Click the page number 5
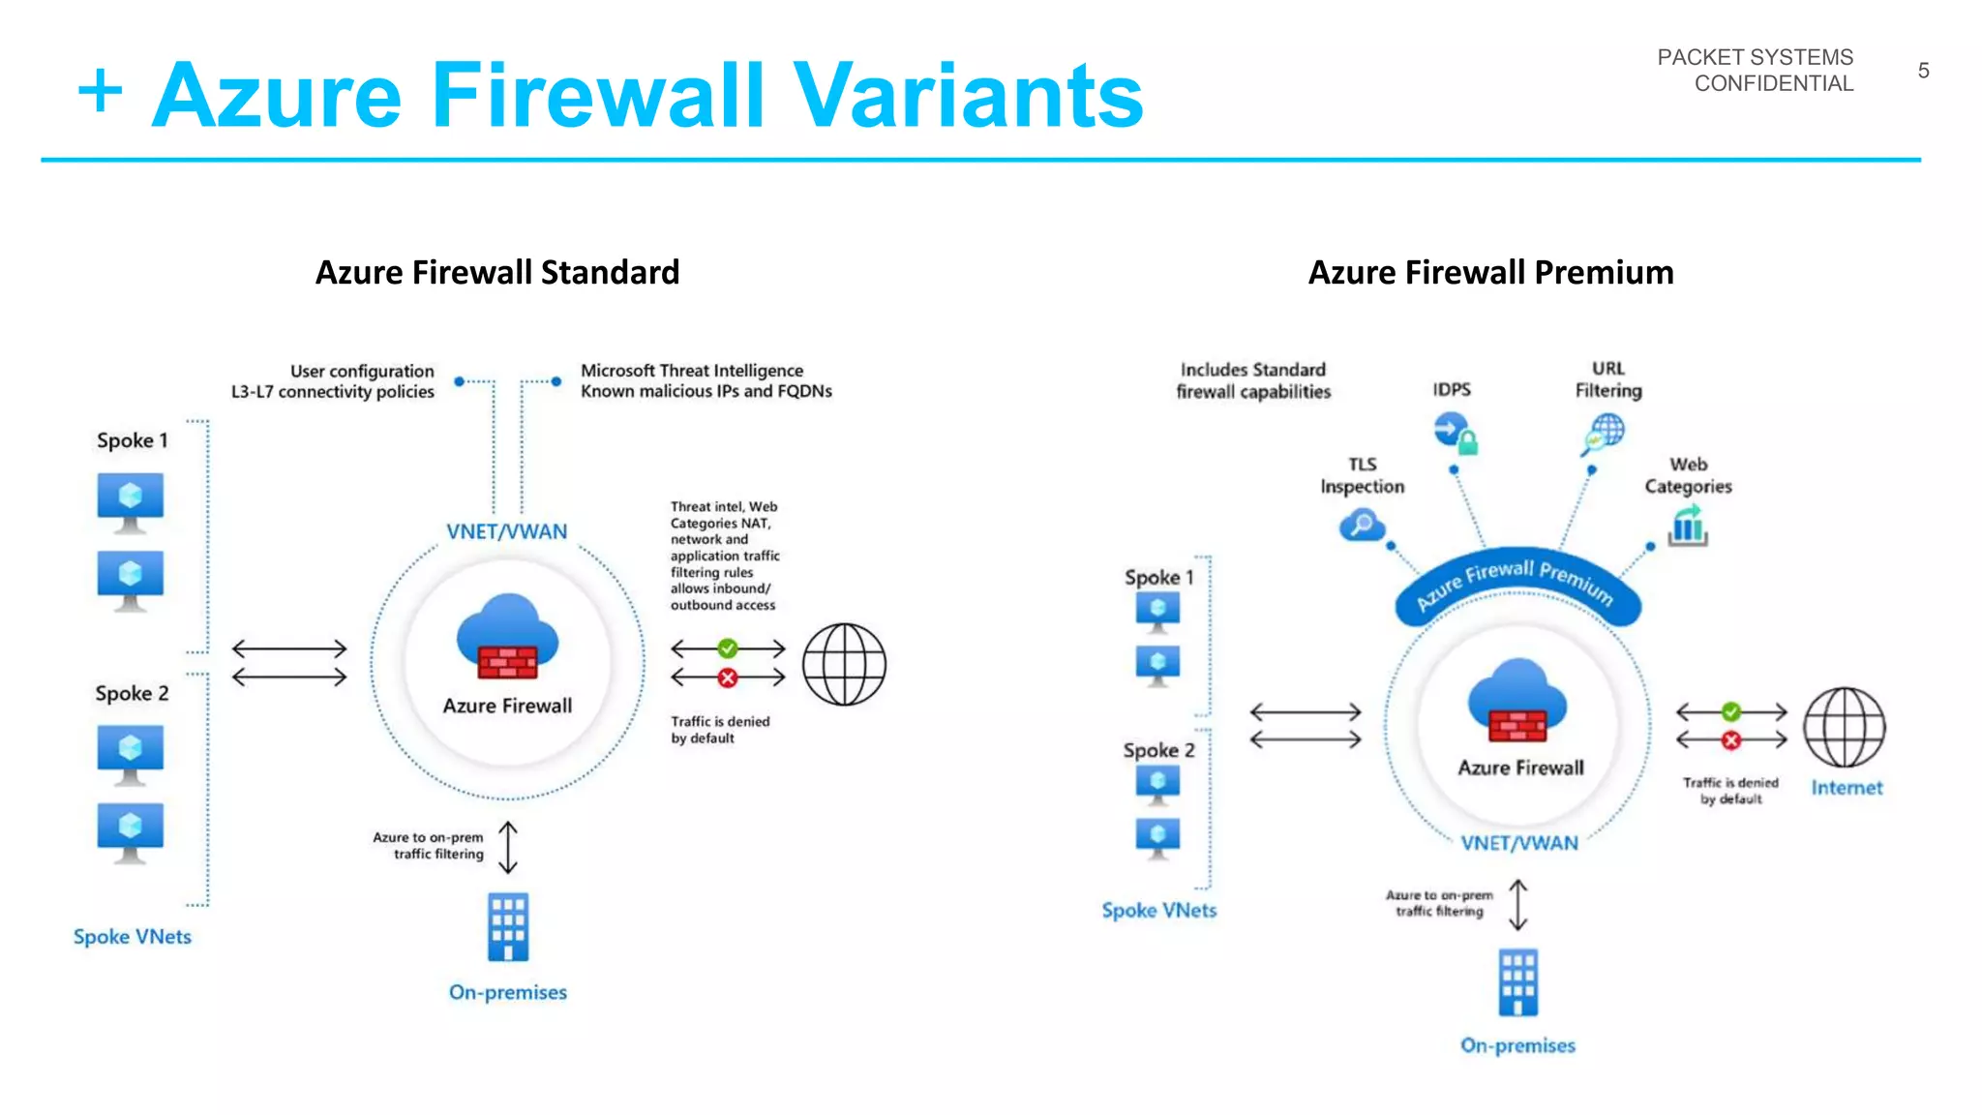pyautogui.click(x=1923, y=71)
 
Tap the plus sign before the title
pyautogui.click(x=100, y=92)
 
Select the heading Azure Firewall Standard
pyautogui.click(x=497, y=272)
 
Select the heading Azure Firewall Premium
pyautogui.click(x=1490, y=272)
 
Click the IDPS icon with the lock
pyautogui.click(x=1456, y=433)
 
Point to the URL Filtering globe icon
pyautogui.click(x=1604, y=433)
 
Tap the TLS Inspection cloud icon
pyautogui.click(x=1362, y=527)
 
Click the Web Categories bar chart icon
pyautogui.click(x=1687, y=527)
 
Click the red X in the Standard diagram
pyautogui.click(x=728, y=678)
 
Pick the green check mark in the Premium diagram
pyautogui.click(x=1731, y=712)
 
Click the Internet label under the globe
pyautogui.click(x=1847, y=788)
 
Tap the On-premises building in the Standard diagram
pyautogui.click(x=508, y=926)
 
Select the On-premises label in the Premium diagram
pyautogui.click(x=1517, y=1045)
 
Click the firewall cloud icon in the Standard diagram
pyautogui.click(x=508, y=639)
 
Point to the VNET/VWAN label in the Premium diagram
pyautogui.click(x=1519, y=843)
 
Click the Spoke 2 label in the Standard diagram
pyautogui.click(x=132, y=693)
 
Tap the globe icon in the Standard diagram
pyautogui.click(x=844, y=664)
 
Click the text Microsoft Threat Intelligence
pyautogui.click(x=691, y=371)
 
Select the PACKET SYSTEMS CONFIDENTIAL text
pyautogui.click(x=1756, y=71)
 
